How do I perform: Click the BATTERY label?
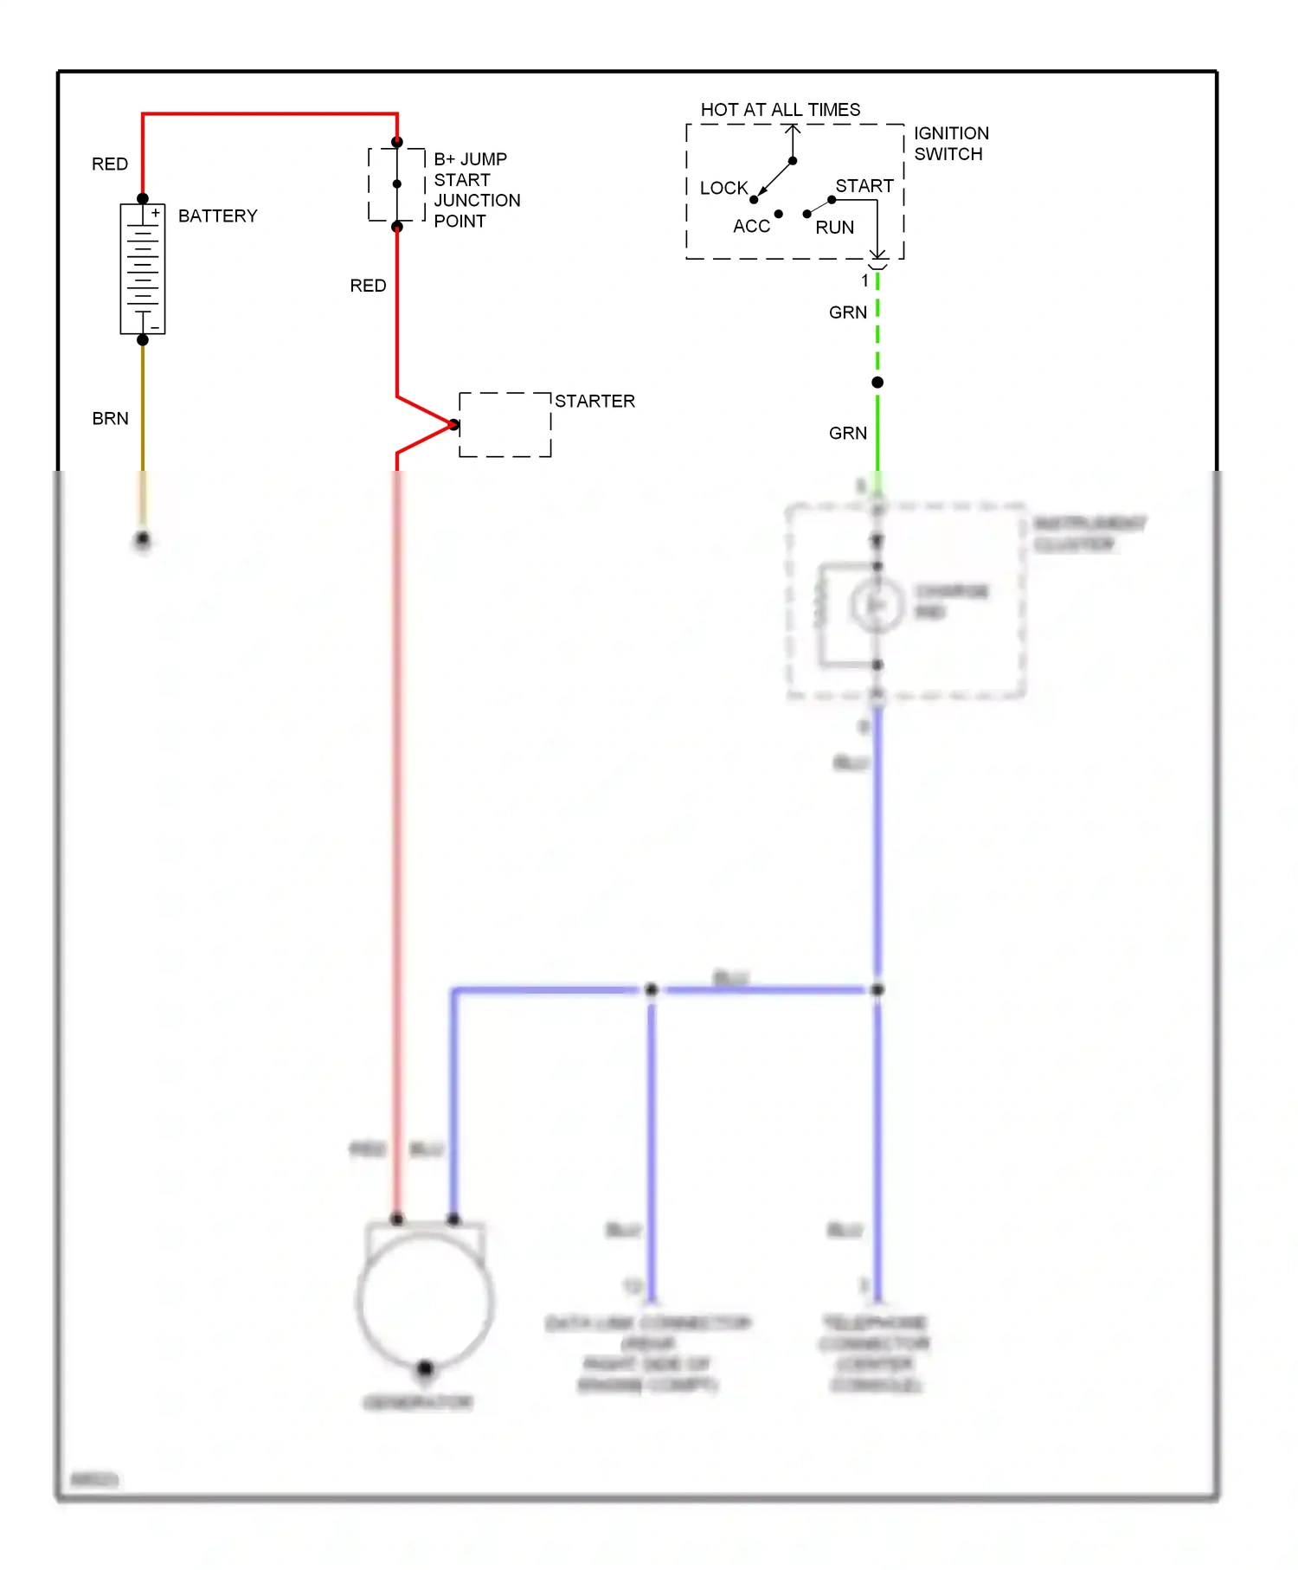tap(217, 216)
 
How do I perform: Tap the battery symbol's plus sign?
tap(156, 213)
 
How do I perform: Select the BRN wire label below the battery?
tap(110, 419)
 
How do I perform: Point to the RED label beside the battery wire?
tap(110, 164)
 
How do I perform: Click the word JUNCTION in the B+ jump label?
tap(477, 201)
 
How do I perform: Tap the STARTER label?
tap(594, 402)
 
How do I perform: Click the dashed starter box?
tap(505, 425)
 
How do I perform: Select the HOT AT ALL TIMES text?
tap(780, 110)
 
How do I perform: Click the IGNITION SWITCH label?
tap(950, 144)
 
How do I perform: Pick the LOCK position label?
tap(723, 188)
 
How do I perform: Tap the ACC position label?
tap(751, 227)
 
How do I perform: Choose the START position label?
tap(864, 186)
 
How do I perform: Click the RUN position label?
tap(834, 228)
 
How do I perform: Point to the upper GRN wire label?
tap(847, 312)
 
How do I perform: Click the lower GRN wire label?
tap(847, 434)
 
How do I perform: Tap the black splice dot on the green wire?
tap(877, 383)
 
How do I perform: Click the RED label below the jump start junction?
tap(368, 286)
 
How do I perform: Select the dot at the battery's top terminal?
tap(143, 199)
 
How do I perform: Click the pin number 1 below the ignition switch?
tap(864, 280)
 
